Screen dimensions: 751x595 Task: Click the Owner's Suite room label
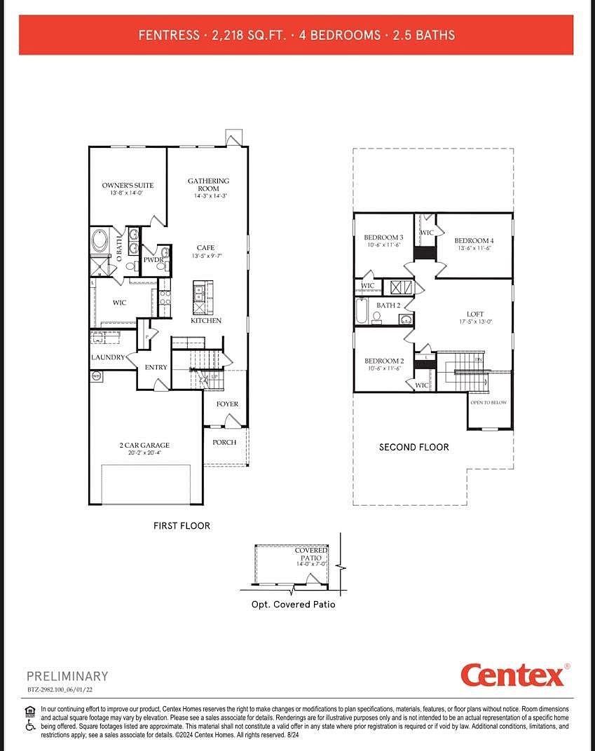click(x=128, y=186)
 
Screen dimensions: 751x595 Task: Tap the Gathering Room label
click(x=208, y=185)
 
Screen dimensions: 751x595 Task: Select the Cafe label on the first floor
click(x=205, y=247)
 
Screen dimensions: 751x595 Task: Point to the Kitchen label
click(x=206, y=320)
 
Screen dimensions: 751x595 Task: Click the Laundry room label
click(x=108, y=357)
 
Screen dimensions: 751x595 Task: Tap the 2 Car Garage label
click(x=144, y=445)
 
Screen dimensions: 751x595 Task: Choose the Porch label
click(x=224, y=442)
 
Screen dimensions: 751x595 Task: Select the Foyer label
click(x=227, y=404)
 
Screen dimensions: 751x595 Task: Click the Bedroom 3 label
click(x=383, y=237)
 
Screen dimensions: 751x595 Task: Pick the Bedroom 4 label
click(x=474, y=241)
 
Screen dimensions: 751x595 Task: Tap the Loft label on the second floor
click(x=475, y=315)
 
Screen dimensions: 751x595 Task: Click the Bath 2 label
click(x=388, y=305)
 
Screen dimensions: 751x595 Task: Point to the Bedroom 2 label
click(x=383, y=361)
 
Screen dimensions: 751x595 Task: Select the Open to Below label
click(x=488, y=403)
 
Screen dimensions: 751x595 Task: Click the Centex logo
click(x=512, y=675)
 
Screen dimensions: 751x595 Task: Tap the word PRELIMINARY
click(x=67, y=676)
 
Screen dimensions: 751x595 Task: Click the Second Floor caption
click(x=413, y=447)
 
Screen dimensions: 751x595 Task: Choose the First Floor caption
click(x=182, y=525)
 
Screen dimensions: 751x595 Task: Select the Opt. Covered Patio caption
click(x=293, y=604)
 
